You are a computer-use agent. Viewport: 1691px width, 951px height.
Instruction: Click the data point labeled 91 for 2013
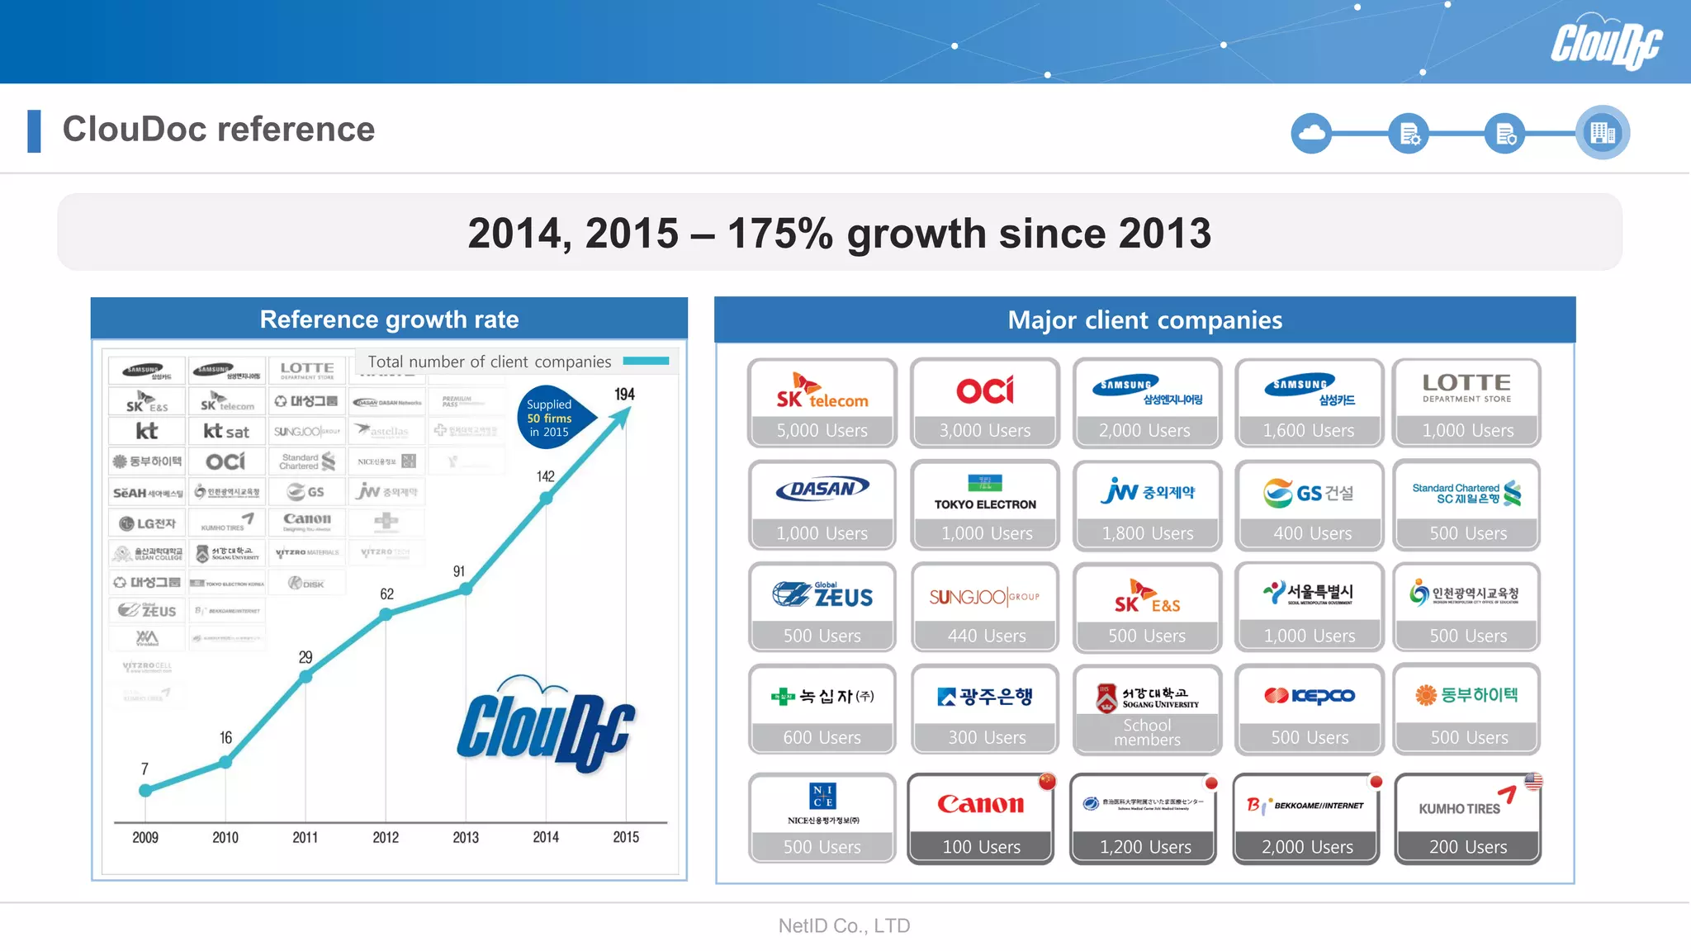coord(466,589)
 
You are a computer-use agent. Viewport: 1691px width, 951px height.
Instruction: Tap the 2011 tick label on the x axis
coord(305,837)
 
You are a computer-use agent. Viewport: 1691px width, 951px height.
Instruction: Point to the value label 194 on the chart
coord(624,395)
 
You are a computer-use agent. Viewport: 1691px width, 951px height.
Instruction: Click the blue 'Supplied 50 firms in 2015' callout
coord(551,418)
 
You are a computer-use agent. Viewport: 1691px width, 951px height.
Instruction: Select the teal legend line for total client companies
coord(646,361)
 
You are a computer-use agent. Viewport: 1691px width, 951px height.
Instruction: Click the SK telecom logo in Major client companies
coord(822,391)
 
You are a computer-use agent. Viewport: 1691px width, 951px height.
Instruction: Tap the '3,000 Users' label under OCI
coord(985,430)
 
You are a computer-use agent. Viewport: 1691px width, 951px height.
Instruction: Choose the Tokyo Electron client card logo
coord(985,493)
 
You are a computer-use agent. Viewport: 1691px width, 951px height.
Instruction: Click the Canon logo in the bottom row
coord(980,804)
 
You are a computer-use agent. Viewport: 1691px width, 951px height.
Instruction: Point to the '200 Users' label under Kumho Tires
coord(1467,847)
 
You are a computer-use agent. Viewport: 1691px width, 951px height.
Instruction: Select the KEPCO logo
coord(1310,696)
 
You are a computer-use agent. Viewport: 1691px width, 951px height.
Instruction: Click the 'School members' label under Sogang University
coord(1147,732)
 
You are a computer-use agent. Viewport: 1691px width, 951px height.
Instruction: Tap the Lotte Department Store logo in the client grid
coord(1466,388)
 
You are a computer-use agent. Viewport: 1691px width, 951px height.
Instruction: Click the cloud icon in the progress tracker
coord(1311,132)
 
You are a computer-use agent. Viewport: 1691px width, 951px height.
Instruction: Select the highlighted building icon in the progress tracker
coord(1602,132)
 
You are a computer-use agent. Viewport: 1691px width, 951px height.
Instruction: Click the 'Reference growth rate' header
coord(389,319)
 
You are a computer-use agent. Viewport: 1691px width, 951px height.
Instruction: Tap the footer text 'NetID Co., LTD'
coord(844,925)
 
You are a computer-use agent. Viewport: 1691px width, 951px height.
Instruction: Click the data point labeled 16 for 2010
coord(225,762)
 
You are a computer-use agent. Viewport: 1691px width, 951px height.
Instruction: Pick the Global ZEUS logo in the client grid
coord(822,594)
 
